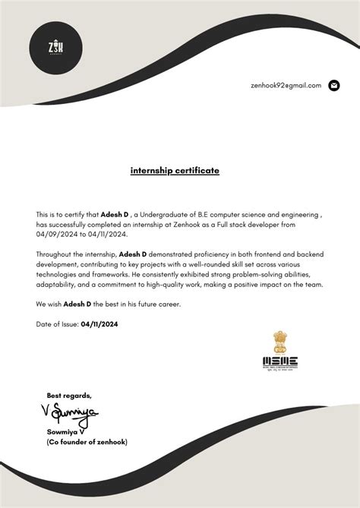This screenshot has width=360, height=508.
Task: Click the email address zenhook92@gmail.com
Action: click(286, 86)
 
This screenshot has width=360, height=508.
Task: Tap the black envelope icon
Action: click(333, 86)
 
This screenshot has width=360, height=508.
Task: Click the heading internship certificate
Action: click(175, 171)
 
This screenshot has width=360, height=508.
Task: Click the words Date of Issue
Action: click(57, 324)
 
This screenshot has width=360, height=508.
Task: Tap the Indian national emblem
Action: click(280, 339)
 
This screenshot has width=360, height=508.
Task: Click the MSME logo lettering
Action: click(280, 361)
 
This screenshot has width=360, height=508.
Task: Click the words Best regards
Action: click(68, 396)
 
